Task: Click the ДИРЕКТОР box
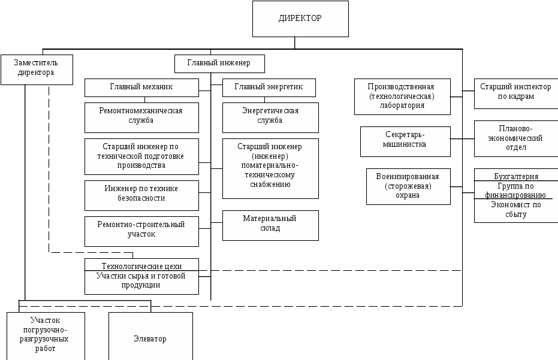300,19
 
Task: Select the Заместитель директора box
37,68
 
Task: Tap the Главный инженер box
219,63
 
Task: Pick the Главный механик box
141,87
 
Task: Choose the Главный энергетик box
268,87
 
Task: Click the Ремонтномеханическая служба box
141,116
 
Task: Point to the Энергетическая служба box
270,116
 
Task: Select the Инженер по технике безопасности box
141,194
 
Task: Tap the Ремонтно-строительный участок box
141,230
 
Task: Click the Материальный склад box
270,224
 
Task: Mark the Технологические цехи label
141,265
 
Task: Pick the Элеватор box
150,339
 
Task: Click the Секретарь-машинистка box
405,140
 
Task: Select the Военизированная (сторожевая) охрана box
408,186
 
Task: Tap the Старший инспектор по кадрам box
515,92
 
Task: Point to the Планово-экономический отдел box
515,138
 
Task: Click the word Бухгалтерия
515,177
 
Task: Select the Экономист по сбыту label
515,210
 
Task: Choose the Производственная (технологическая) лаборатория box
402,96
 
